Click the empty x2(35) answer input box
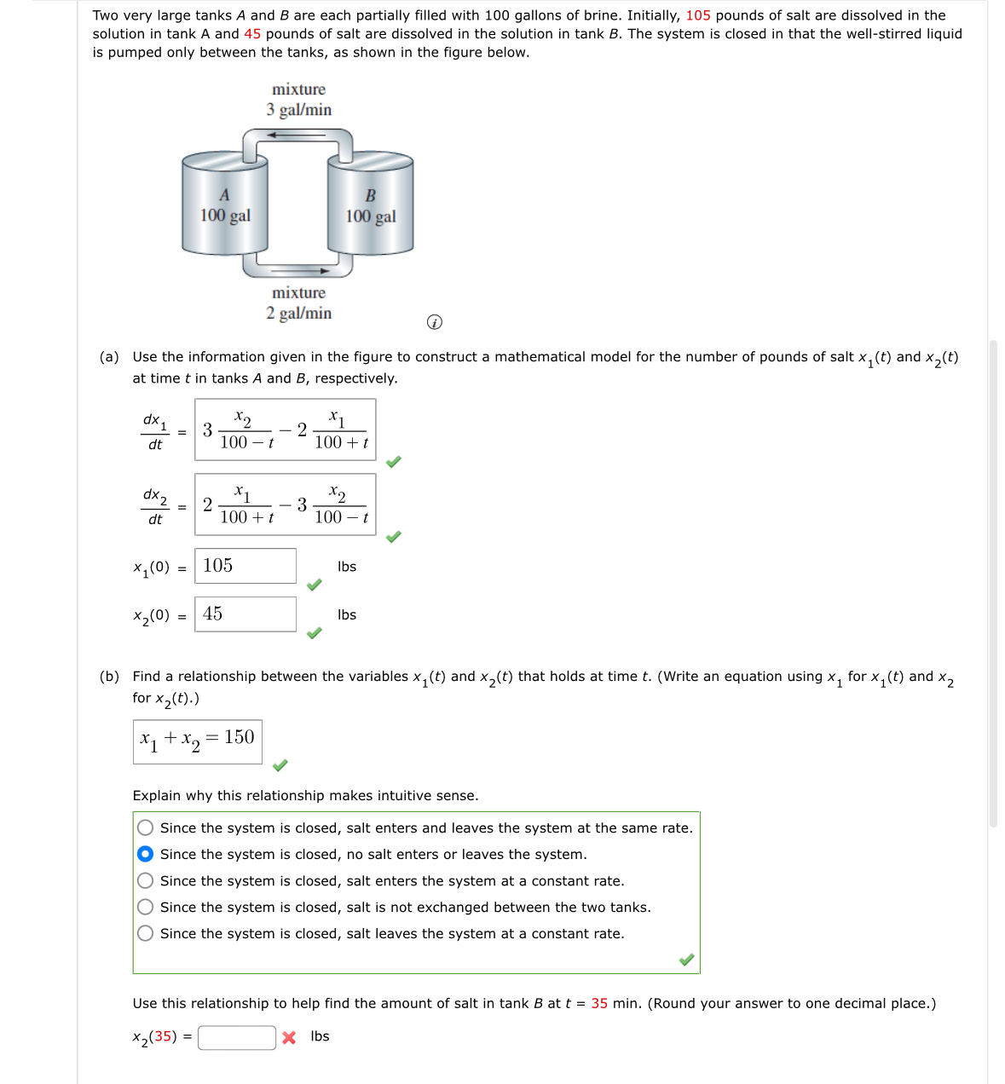click(x=237, y=1037)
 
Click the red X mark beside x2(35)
click(x=289, y=1037)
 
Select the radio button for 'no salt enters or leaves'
click(x=146, y=854)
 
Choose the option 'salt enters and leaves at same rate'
click(x=146, y=827)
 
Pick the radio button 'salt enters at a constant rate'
click(x=146, y=880)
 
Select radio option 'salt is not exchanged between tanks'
click(x=146, y=907)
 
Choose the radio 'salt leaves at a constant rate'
click(x=146, y=933)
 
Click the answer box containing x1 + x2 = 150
click(x=197, y=741)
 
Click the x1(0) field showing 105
click(x=245, y=566)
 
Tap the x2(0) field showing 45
click(x=245, y=614)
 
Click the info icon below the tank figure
click(x=434, y=322)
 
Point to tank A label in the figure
click(x=224, y=195)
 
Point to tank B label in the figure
click(x=370, y=196)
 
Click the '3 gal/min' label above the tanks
click(x=298, y=110)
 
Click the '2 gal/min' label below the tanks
click(x=298, y=314)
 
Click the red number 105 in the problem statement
click(x=697, y=15)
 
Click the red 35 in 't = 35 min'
click(x=599, y=1003)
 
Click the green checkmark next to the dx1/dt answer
click(x=393, y=462)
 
